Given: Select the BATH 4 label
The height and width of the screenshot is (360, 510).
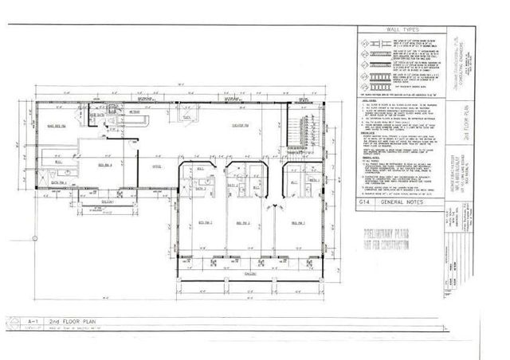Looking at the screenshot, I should [x=54, y=182].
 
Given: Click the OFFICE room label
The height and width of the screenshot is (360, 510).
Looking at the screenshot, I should [x=158, y=166].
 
